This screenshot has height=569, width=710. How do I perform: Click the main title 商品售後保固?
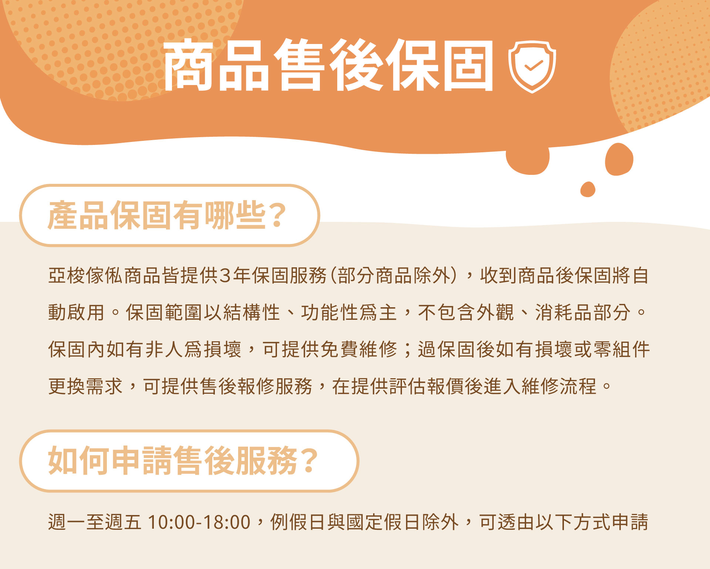[x=328, y=65]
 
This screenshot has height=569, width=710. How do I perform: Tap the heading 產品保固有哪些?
[x=167, y=215]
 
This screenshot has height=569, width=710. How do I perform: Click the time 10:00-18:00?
[x=199, y=522]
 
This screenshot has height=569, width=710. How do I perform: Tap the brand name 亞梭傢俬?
[x=86, y=276]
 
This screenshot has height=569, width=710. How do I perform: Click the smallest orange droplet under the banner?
[x=588, y=190]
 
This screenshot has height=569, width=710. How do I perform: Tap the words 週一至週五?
[x=95, y=522]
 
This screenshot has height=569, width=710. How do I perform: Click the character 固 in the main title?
[x=469, y=65]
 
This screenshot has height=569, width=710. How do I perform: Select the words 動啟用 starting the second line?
[x=76, y=313]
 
